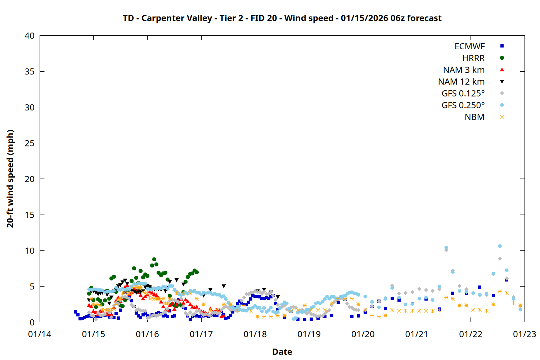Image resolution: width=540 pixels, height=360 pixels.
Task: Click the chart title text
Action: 282,18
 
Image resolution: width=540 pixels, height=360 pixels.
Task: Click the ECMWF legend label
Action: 469,46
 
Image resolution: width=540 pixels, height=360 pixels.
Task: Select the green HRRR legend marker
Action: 502,58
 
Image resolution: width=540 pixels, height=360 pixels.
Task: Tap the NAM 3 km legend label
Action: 464,70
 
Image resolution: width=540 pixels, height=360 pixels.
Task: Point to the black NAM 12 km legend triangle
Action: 502,82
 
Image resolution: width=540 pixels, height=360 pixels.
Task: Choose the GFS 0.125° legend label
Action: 463,94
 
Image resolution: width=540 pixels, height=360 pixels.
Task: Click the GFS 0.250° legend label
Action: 463,105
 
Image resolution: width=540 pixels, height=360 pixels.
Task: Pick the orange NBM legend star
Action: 502,117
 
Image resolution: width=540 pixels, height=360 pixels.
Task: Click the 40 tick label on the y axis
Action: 30,36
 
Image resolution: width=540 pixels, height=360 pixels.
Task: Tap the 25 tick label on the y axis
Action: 30,143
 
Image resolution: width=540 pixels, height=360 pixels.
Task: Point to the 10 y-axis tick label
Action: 30,251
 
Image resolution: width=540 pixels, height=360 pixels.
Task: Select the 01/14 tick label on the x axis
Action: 40,334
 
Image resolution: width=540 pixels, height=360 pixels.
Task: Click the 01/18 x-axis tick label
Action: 255,334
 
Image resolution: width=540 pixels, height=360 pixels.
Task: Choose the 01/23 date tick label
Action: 525,334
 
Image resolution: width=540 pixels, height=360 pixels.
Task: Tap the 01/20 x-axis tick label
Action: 363,334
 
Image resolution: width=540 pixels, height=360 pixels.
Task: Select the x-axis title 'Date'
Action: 282,352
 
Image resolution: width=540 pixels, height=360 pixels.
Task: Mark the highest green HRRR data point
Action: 154,260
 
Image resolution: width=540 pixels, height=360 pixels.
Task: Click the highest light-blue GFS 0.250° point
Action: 500,246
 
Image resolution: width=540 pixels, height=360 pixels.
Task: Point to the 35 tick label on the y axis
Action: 30,72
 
